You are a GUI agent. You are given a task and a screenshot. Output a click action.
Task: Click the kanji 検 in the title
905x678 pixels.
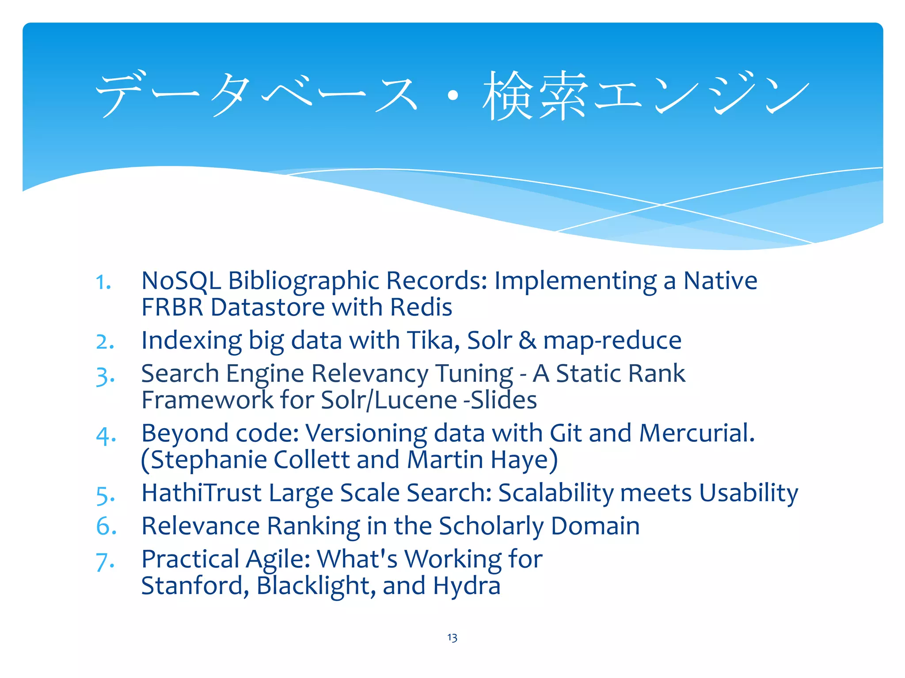point(508,96)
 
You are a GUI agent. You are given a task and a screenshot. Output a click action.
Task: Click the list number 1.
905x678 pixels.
point(103,282)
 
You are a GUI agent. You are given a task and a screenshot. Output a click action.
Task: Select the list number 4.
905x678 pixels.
point(106,436)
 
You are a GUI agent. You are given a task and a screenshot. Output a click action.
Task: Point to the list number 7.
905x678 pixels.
point(105,562)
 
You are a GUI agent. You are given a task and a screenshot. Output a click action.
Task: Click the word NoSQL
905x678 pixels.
point(181,281)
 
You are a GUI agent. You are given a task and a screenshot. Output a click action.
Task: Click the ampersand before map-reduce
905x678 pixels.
point(527,341)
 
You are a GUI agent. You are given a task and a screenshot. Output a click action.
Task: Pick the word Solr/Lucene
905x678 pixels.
point(388,400)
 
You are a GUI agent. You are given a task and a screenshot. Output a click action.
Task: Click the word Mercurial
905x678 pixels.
point(697,433)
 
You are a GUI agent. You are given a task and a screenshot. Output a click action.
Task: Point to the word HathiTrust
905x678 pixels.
point(202,493)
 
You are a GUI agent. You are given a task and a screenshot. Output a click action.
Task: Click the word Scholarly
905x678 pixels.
point(491,526)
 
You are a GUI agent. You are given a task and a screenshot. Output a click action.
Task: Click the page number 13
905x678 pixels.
point(452,637)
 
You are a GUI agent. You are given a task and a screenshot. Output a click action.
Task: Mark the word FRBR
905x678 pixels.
point(172,307)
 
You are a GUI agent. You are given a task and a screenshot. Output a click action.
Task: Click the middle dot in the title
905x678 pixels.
point(452,96)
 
